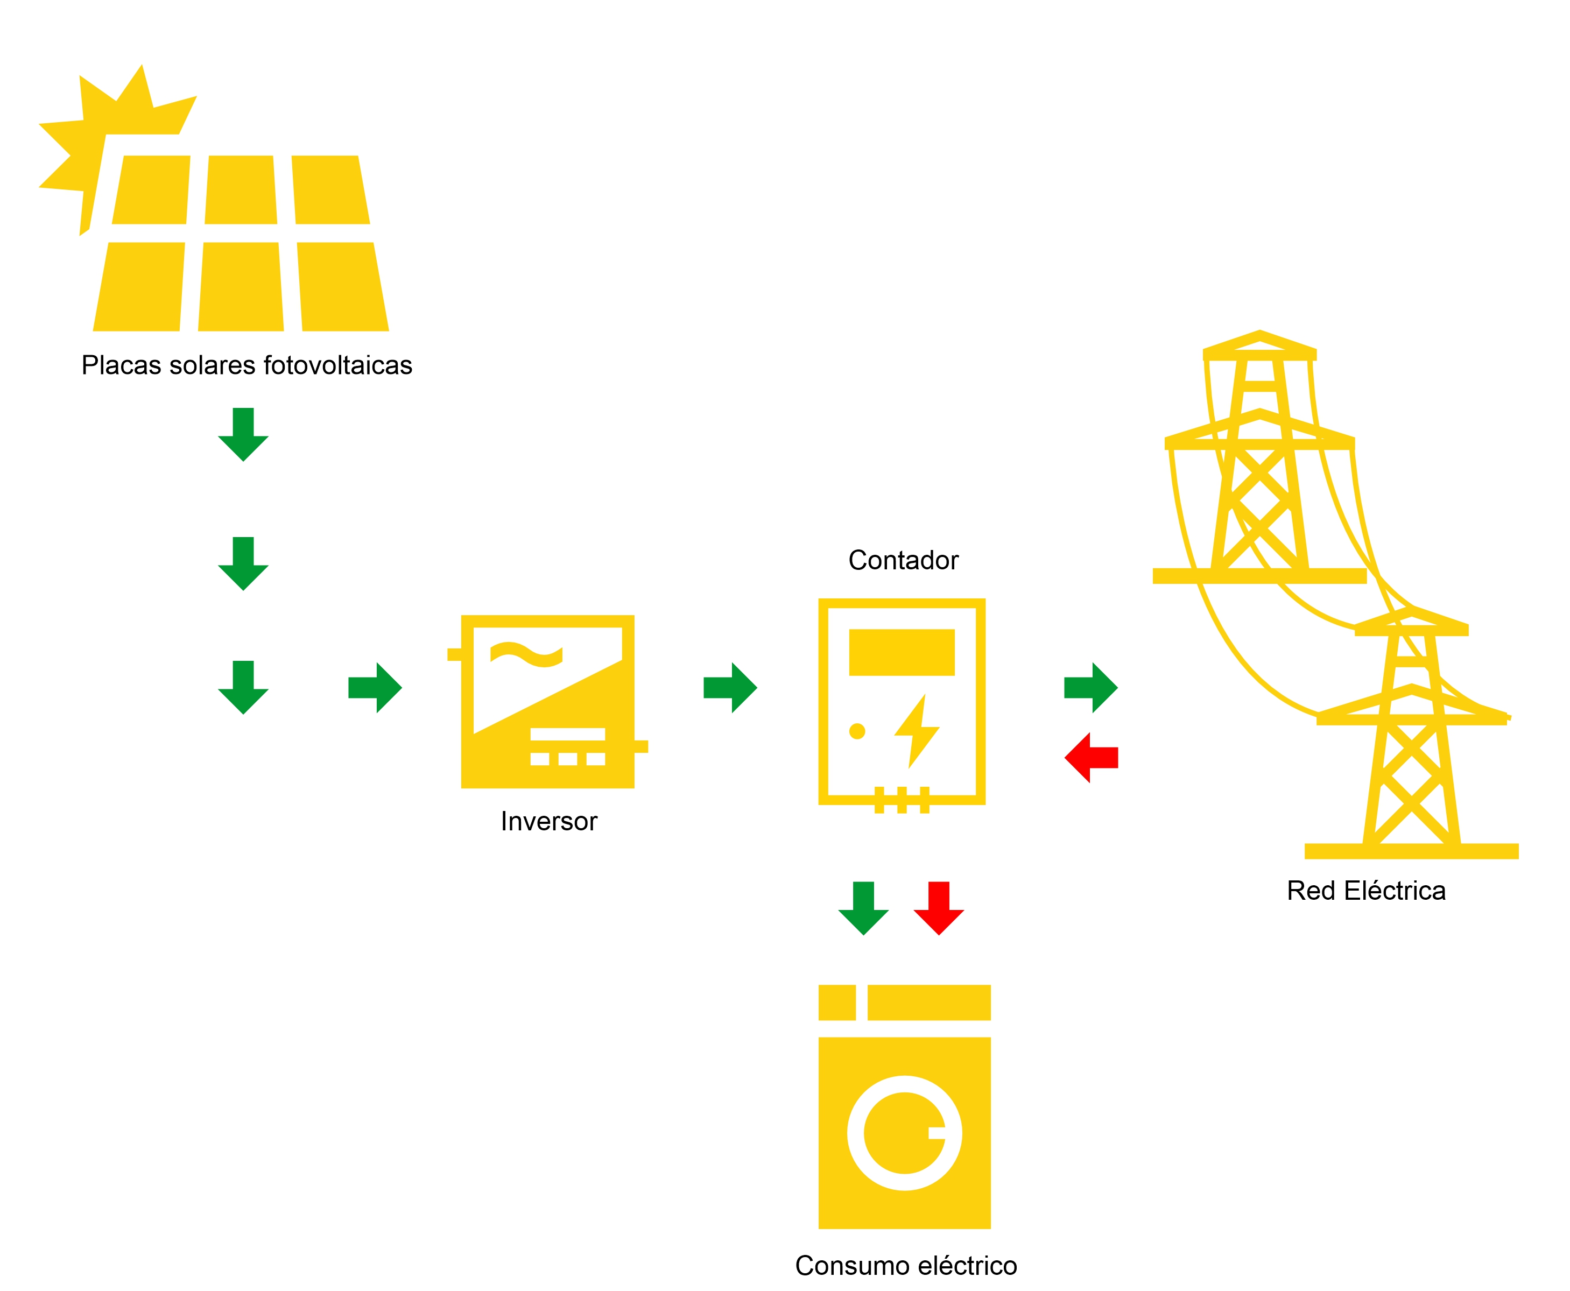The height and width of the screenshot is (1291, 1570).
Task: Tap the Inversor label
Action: coord(549,821)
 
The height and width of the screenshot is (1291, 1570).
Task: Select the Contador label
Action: coord(903,560)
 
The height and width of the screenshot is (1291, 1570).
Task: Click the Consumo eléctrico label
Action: coord(906,1265)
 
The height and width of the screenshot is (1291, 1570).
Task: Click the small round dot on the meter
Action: coord(857,731)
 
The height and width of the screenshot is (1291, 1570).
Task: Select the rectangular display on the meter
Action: coord(902,652)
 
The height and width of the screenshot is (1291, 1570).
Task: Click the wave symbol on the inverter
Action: coord(526,654)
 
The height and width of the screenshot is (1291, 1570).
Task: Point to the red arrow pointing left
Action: coord(1091,758)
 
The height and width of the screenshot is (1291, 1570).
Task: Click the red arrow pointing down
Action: coord(939,908)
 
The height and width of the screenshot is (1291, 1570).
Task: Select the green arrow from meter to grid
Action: coord(1091,688)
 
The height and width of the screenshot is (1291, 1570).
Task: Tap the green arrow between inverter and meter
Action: coord(730,688)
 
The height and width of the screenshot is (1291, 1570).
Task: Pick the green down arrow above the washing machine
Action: coord(863,908)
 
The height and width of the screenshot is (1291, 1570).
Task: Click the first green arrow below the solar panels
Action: coord(243,434)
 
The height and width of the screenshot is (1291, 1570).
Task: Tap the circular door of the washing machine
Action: coord(904,1133)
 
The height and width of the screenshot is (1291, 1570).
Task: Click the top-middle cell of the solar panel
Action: coord(241,189)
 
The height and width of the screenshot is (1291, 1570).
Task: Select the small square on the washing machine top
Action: coord(837,1003)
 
